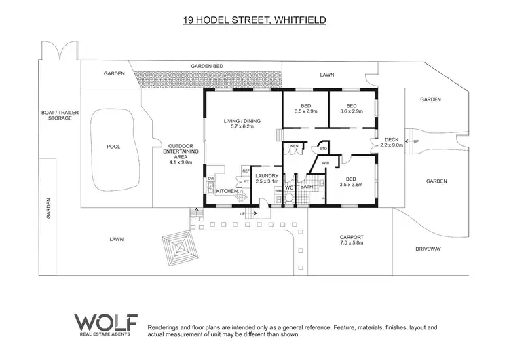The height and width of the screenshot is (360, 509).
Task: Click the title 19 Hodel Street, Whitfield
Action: tap(254, 20)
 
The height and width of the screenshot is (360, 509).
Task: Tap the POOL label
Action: tap(113, 146)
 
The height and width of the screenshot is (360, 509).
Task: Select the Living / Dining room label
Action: tap(242, 124)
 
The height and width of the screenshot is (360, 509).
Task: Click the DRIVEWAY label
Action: tap(428, 249)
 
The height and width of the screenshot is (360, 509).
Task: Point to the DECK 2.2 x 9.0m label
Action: tap(392, 141)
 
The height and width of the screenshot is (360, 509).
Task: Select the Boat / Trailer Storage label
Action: tap(55, 115)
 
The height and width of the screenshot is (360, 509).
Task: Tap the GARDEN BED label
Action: tap(207, 66)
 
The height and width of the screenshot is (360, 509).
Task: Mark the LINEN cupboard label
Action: tap(293, 146)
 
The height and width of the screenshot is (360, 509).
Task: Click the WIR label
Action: tap(325, 163)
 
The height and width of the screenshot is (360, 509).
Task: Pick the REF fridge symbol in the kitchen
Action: tap(246, 170)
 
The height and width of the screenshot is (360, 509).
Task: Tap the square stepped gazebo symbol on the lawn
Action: tap(179, 251)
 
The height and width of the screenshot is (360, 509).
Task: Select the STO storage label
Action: tap(323, 147)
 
